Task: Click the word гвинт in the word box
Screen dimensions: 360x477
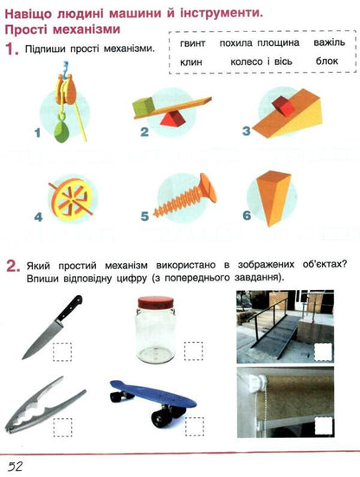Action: coord(192,43)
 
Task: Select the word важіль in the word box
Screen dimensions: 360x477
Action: coord(330,42)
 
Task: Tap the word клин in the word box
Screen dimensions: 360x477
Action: coord(191,61)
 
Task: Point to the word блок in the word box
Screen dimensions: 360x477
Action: coord(327,61)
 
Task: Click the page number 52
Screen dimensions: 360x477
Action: coord(16,466)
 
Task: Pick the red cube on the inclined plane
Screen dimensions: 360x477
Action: coord(283,106)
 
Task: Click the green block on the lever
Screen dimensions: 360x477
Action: coord(143,106)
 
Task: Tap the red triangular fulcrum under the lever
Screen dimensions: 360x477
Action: coord(170,119)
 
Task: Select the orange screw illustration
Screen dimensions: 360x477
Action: coord(185,195)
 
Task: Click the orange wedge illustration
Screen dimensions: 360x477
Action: coord(273,197)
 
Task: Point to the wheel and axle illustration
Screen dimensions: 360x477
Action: coord(71,199)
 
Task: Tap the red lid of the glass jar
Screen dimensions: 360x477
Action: coord(156,302)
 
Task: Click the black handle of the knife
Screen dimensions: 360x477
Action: coord(69,308)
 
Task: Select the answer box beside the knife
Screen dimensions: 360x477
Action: coord(62,351)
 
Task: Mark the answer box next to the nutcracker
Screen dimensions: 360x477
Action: coord(63,427)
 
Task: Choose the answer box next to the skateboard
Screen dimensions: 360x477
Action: coord(195,427)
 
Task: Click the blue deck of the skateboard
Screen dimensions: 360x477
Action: coord(152,395)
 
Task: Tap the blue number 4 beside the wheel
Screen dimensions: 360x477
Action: coord(38,217)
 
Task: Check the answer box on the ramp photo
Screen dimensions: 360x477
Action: coord(324,351)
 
